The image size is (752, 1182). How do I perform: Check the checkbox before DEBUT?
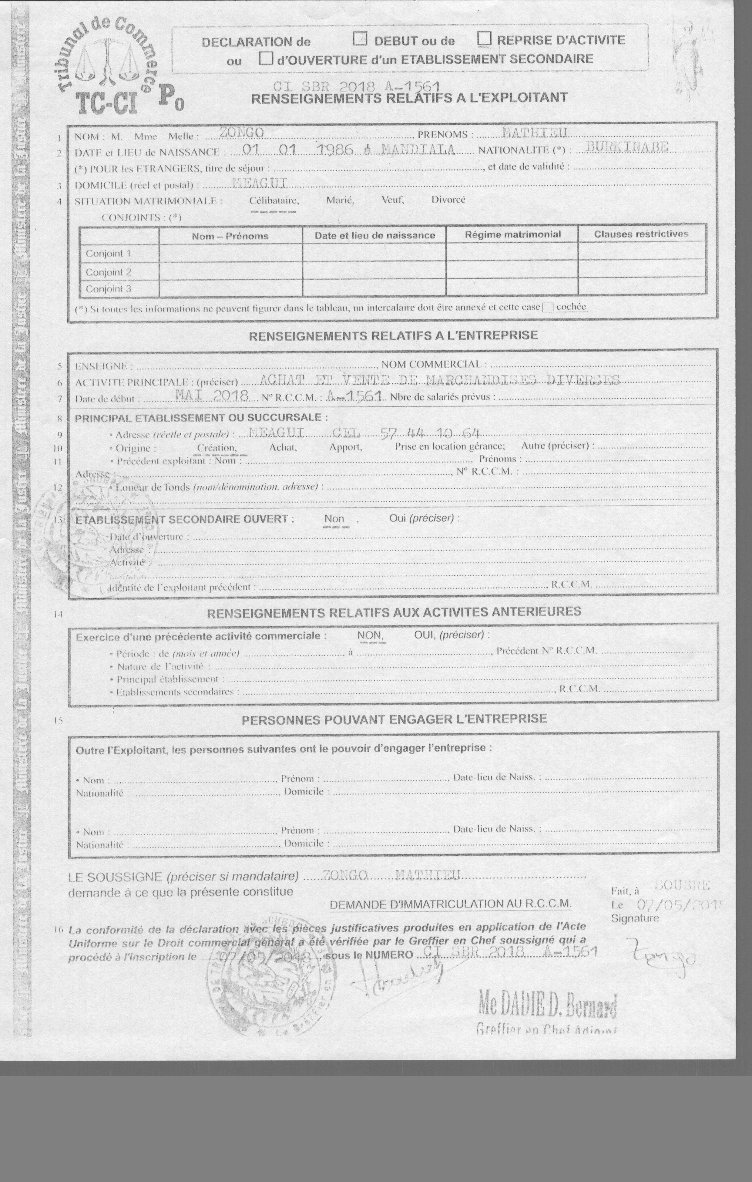360,39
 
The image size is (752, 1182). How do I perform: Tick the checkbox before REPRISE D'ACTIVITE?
485,38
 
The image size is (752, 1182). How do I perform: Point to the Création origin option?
217,448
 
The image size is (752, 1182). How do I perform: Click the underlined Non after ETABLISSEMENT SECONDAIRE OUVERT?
334,519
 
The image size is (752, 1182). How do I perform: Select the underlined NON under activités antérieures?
369,635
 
